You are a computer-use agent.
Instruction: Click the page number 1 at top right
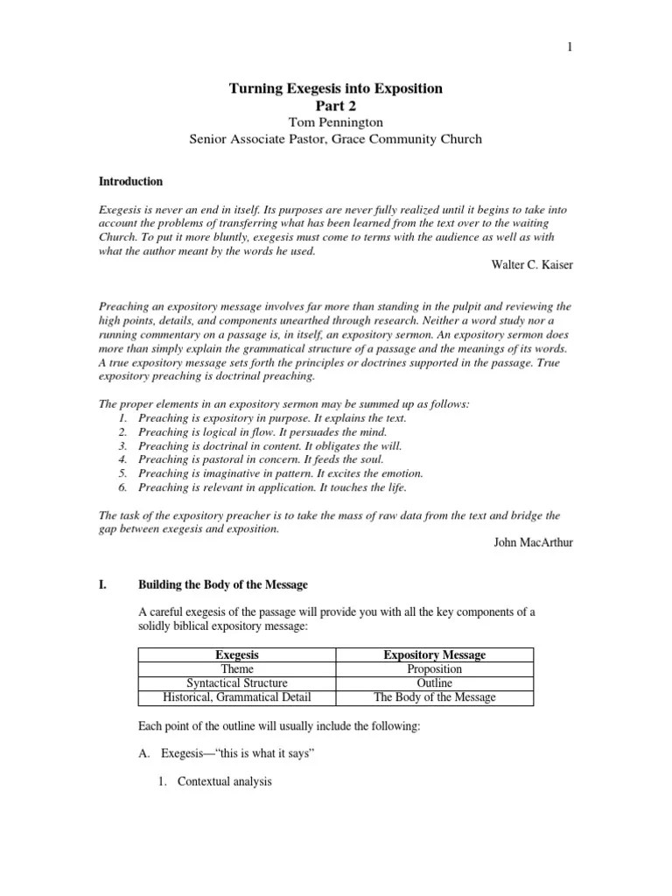tap(569, 48)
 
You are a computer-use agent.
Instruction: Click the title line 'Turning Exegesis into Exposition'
tap(336, 88)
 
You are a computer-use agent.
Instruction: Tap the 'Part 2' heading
tap(336, 105)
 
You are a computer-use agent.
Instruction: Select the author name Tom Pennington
tap(336, 122)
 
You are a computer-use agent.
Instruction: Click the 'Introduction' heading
tap(129, 182)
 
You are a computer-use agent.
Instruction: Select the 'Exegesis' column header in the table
tap(237, 654)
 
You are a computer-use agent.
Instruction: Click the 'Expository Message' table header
tap(435, 654)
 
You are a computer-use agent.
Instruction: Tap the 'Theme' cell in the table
tap(237, 669)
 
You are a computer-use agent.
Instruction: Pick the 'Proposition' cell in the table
tap(435, 669)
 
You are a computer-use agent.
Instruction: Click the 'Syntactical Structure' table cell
tap(237, 683)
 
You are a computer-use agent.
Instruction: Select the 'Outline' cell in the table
tap(435, 683)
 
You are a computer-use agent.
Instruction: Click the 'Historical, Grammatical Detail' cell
tap(237, 697)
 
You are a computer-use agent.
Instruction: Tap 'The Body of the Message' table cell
tap(435, 697)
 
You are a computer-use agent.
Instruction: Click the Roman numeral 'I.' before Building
tap(101, 584)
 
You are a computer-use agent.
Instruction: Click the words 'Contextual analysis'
tap(225, 781)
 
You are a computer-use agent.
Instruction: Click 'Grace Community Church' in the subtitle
tap(409, 139)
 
